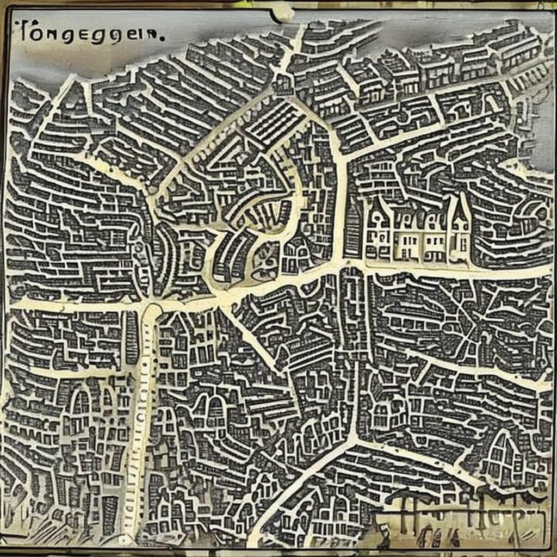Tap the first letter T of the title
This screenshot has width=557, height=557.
click(x=24, y=33)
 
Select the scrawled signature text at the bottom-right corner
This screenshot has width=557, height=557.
click(x=462, y=511)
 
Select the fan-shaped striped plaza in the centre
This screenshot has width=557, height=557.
click(x=256, y=218)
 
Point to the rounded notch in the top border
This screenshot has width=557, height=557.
click(x=283, y=12)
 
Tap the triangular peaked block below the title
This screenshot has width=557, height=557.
click(x=68, y=103)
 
